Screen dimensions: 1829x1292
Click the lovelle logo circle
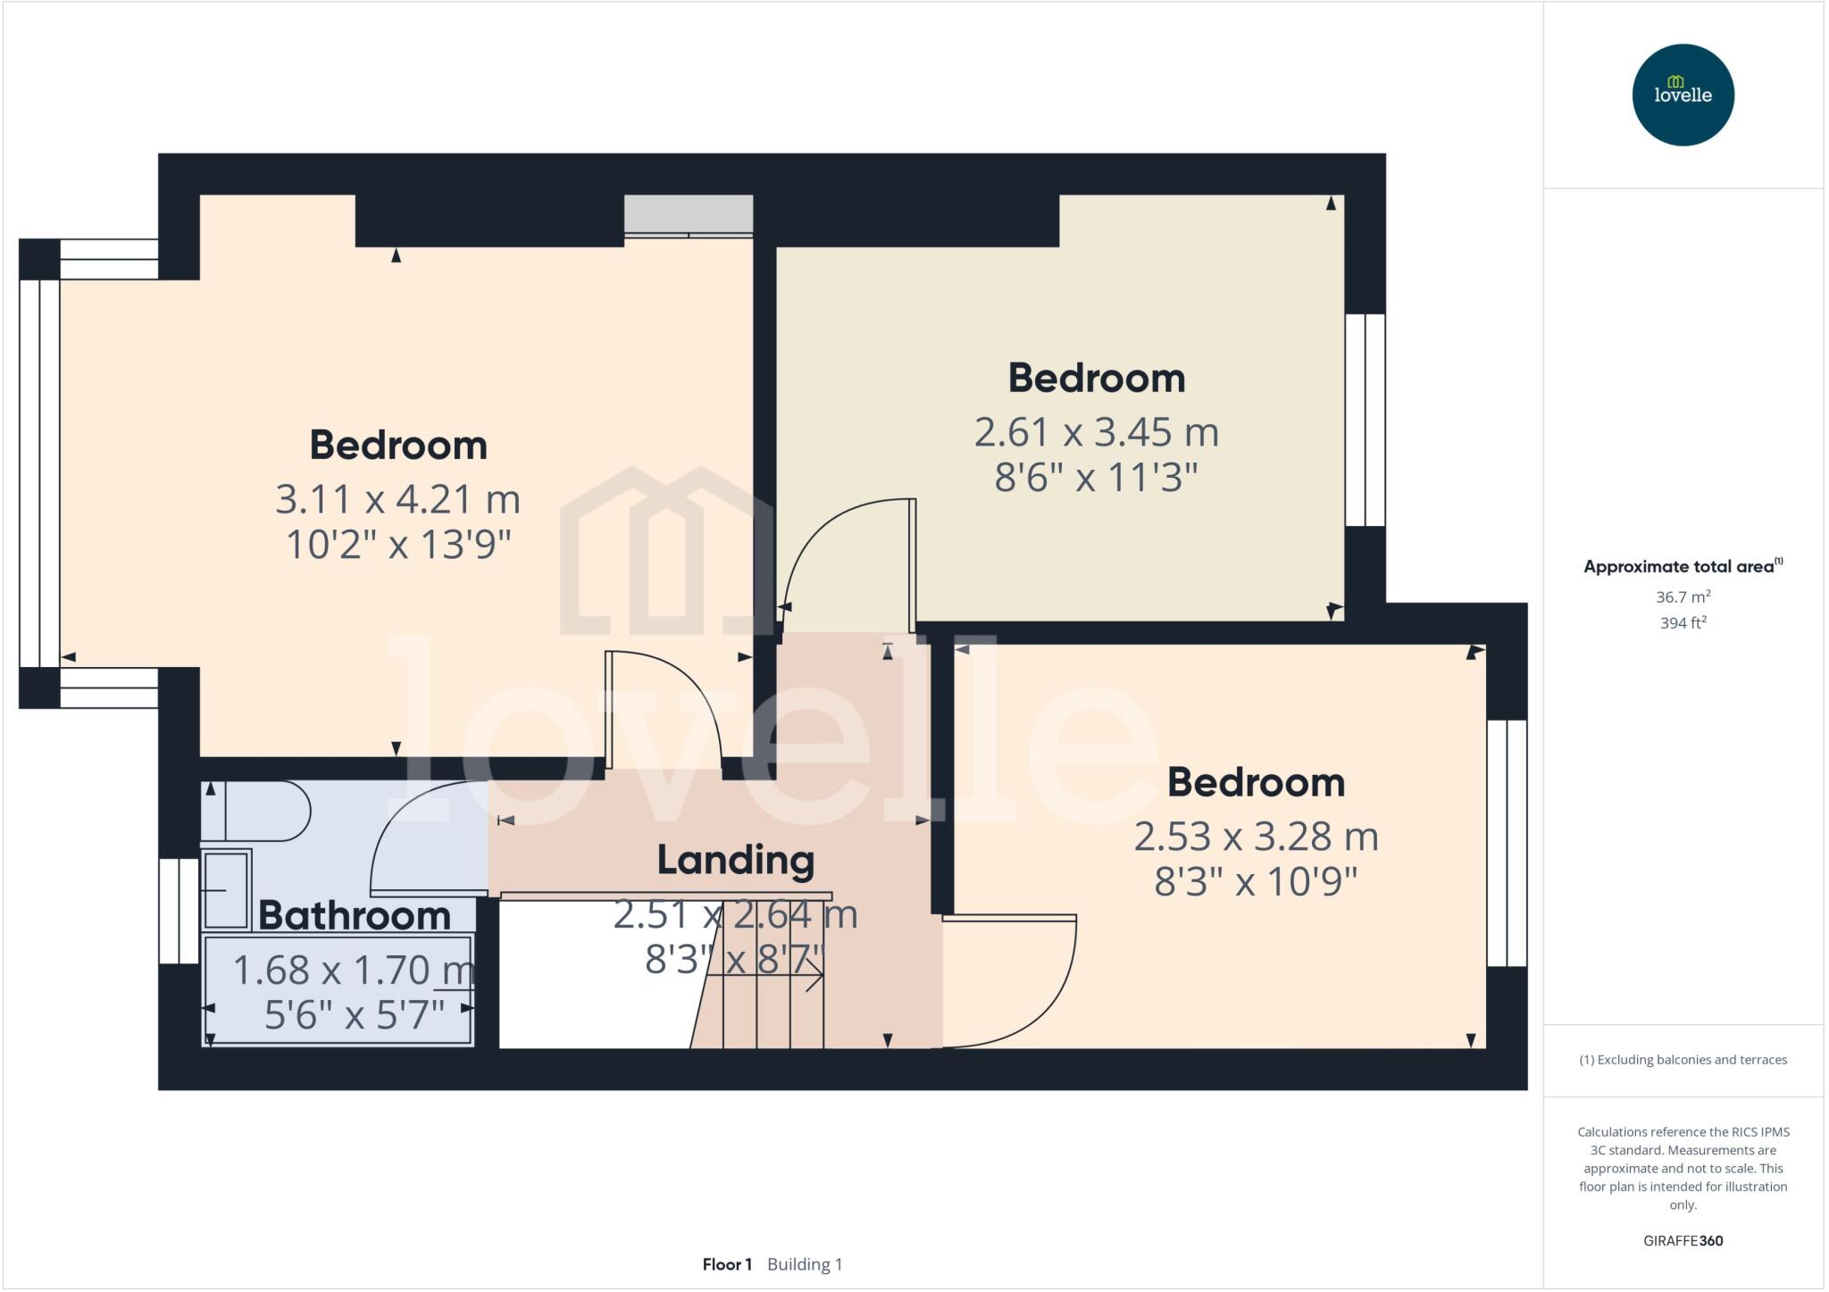tap(1683, 95)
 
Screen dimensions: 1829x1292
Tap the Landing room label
tap(736, 860)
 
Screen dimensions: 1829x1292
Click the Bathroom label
tap(355, 915)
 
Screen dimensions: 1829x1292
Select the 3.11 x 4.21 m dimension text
tap(397, 499)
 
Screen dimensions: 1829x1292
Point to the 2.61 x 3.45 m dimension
tap(1097, 432)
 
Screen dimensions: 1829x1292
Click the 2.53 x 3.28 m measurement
tap(1257, 837)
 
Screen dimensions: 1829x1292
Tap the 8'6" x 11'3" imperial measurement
tap(1097, 478)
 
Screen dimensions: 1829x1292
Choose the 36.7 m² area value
tap(1683, 596)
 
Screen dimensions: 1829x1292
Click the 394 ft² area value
tap(1683, 622)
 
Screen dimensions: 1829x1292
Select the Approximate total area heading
tap(1683, 566)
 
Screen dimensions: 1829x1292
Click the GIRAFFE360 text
tap(1683, 1240)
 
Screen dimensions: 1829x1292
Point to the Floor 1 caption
tap(727, 1264)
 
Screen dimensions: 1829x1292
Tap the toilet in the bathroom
tap(255, 811)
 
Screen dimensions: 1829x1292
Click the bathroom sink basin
tap(227, 889)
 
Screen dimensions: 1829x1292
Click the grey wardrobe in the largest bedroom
tap(689, 215)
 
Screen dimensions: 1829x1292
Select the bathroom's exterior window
tap(179, 911)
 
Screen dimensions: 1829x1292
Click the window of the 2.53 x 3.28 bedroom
tap(1507, 843)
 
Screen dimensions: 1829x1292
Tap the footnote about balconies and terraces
tap(1683, 1060)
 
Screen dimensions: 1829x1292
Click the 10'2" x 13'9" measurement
tap(397, 545)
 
